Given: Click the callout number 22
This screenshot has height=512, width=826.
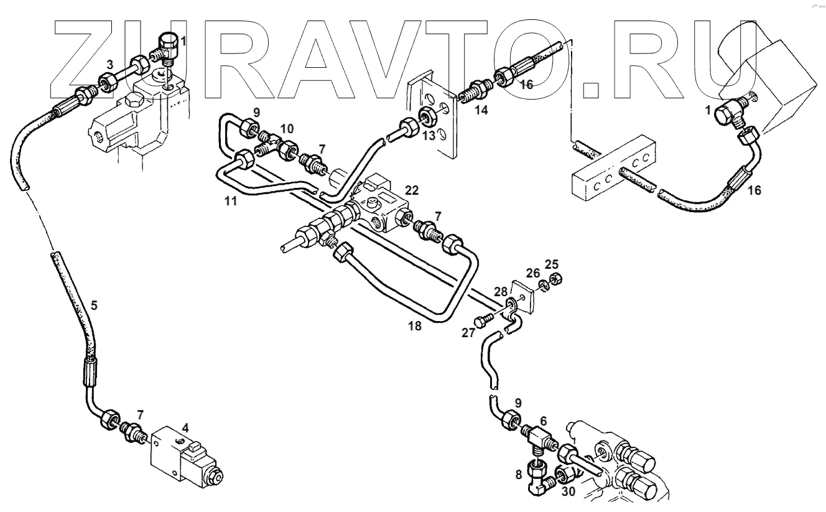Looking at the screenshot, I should click(412, 190).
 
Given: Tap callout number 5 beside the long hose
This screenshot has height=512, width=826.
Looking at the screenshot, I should click(94, 305).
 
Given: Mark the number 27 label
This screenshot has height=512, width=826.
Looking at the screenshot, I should click(468, 333).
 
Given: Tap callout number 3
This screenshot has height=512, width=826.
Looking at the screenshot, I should click(109, 64).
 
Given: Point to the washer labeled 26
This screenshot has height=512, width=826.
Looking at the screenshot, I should click(543, 284).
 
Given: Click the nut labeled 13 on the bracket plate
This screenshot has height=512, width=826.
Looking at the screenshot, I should click(428, 114).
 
